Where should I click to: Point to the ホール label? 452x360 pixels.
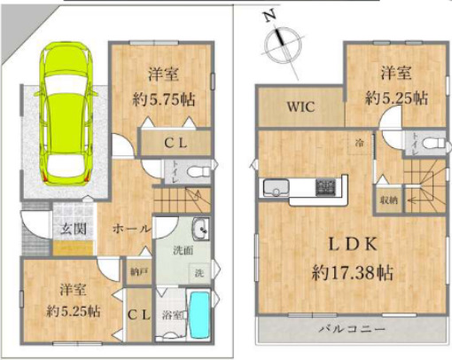129,229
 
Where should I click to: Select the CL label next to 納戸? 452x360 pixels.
136,313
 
